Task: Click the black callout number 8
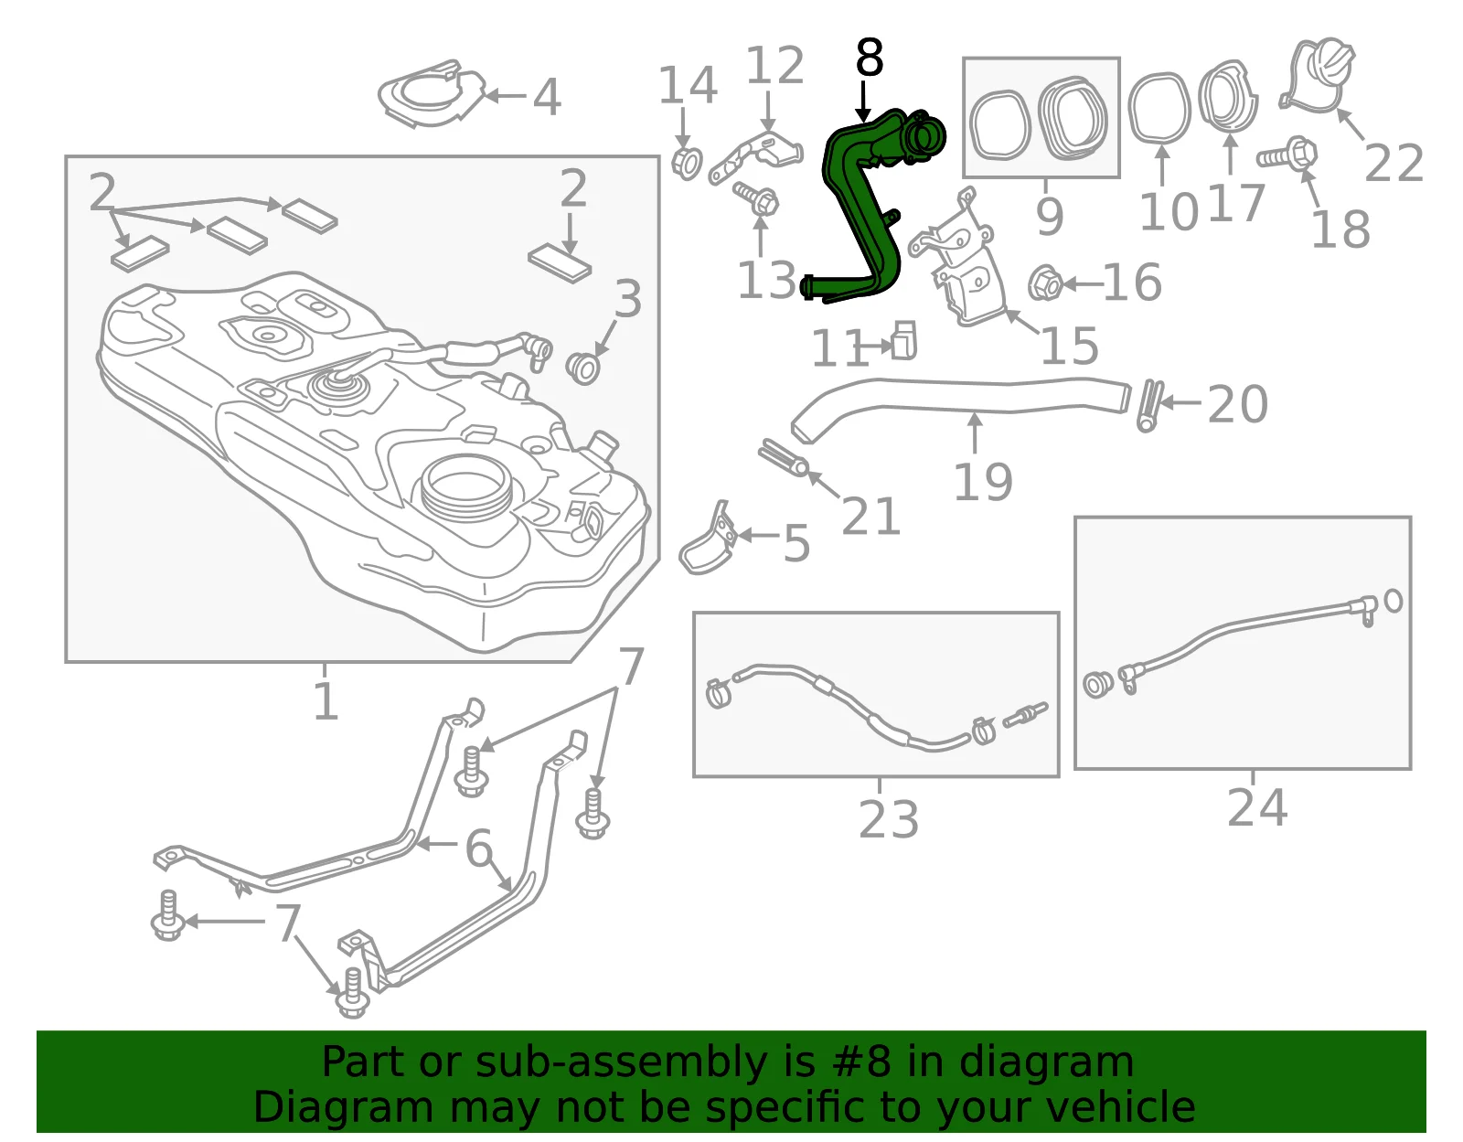870,58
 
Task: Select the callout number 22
1394,163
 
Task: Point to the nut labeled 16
1045,283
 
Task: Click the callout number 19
984,482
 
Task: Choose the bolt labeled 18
1287,155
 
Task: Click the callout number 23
889,819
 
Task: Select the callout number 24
1257,808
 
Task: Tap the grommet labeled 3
583,368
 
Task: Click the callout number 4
547,98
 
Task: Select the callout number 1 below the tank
326,701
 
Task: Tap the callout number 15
1069,347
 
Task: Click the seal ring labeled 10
1159,109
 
